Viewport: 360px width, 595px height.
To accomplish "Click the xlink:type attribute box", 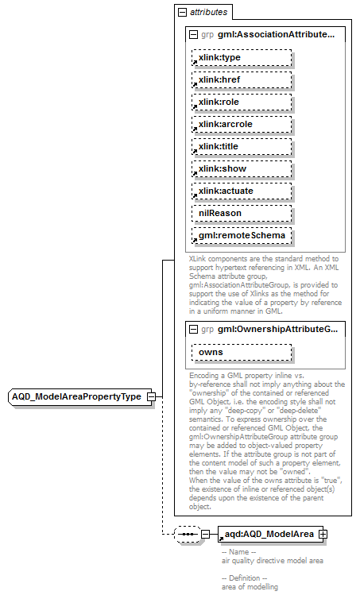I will pyautogui.click(x=241, y=58).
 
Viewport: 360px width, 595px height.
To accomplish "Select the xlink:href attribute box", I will pyautogui.click(x=241, y=80).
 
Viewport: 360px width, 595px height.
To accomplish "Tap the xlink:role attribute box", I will pyautogui.click(x=241, y=102).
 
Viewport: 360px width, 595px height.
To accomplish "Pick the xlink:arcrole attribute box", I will pyautogui.click(x=241, y=125).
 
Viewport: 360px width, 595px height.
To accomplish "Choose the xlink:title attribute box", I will pyautogui.click(x=241, y=147).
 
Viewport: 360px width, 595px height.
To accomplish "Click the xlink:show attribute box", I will pyautogui.click(x=241, y=169).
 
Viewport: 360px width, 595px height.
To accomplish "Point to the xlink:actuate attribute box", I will pyautogui.click(x=241, y=191).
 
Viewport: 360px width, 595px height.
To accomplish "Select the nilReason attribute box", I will pyautogui.click(x=241, y=214).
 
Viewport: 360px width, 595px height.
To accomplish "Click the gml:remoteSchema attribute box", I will pyautogui.click(x=241, y=236).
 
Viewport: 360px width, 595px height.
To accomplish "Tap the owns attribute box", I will pyautogui.click(x=241, y=352).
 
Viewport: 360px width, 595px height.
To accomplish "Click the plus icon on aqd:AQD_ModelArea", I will pyautogui.click(x=323, y=534).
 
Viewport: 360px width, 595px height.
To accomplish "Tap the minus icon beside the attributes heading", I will pyautogui.click(x=182, y=13).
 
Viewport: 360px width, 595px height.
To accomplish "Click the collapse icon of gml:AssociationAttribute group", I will pyautogui.click(x=193, y=35).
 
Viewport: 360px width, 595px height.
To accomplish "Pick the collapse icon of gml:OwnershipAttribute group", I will pyautogui.click(x=193, y=329).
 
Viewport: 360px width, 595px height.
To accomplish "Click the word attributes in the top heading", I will pyautogui.click(x=208, y=13).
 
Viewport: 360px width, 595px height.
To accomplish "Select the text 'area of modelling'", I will pyautogui.click(x=250, y=586).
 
